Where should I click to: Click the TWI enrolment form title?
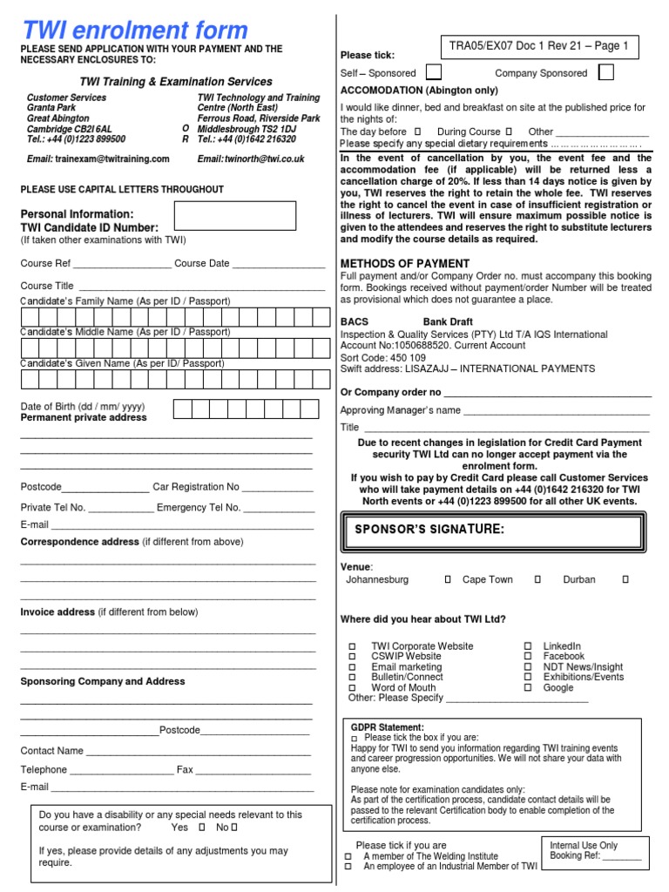click(x=134, y=30)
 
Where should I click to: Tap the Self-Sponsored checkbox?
click(x=433, y=72)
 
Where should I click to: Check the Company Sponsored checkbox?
click(x=606, y=72)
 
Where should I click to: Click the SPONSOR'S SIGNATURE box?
click(x=492, y=530)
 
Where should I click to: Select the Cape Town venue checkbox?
click(x=537, y=579)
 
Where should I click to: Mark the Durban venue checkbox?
click(x=625, y=579)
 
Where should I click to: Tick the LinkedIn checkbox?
click(x=528, y=646)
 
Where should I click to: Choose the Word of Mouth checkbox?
click(x=353, y=687)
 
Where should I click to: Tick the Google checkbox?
click(x=528, y=687)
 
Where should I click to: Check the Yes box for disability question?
click(x=202, y=828)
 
